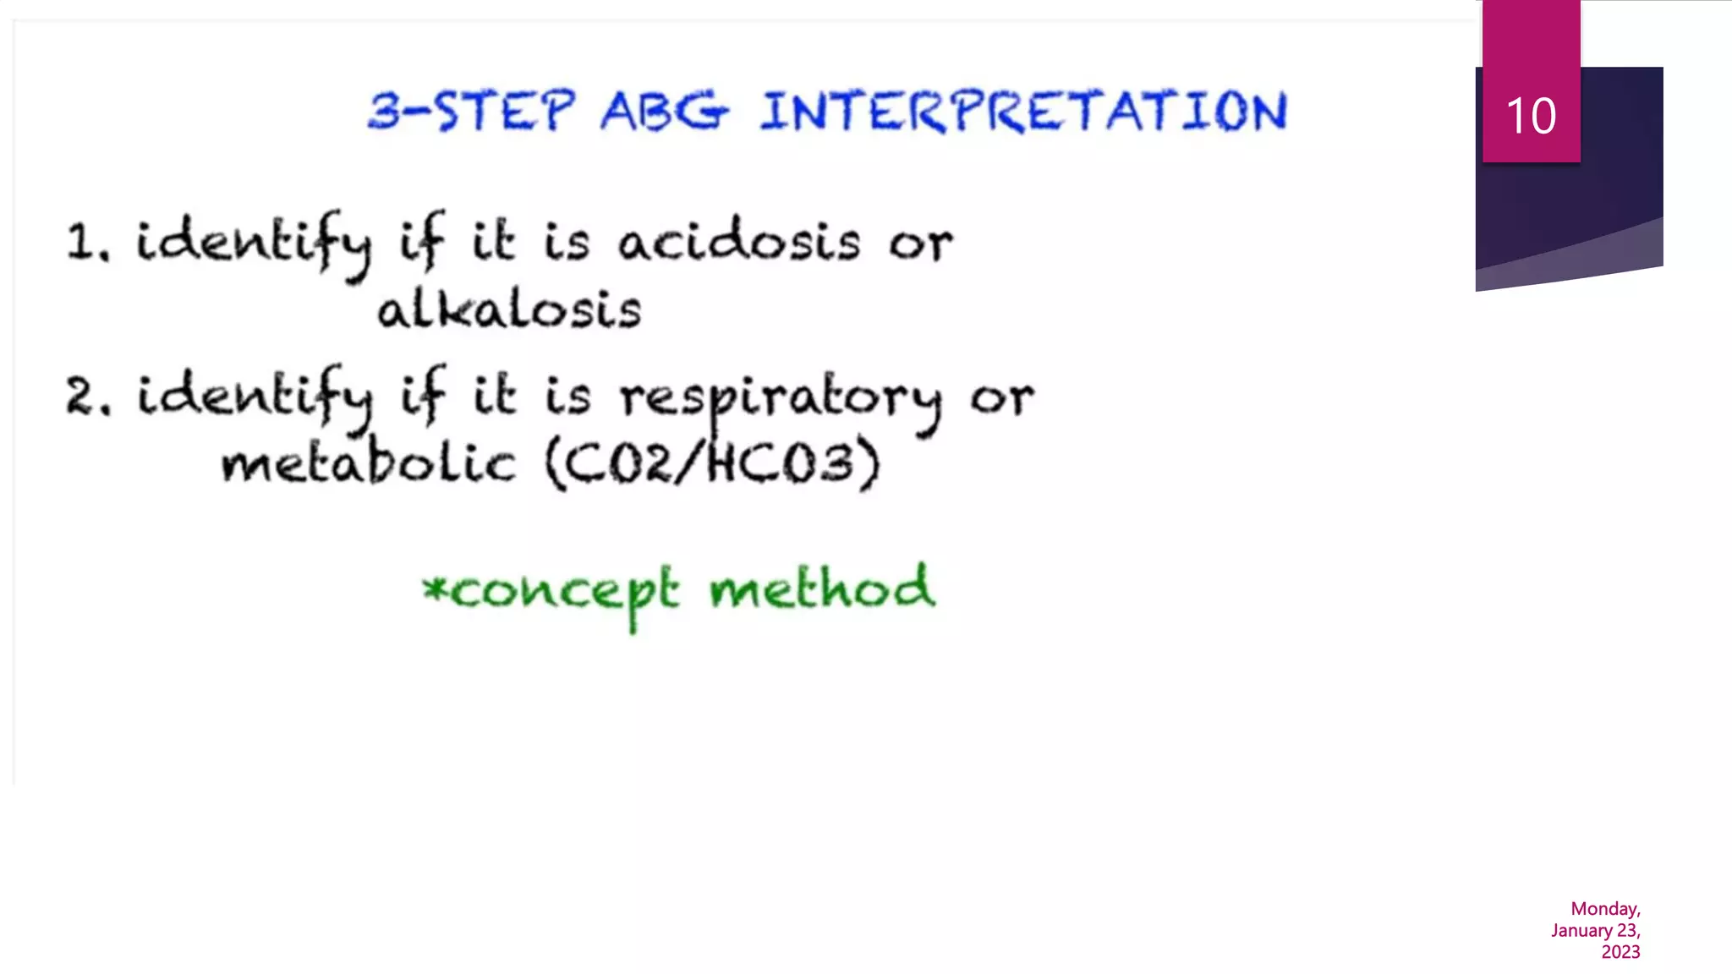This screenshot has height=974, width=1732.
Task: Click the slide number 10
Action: click(x=1531, y=116)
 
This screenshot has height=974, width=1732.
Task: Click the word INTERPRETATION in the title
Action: click(x=1023, y=112)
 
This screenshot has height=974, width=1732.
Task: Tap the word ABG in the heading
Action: click(x=664, y=112)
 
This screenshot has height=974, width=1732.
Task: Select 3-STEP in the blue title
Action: click(x=472, y=112)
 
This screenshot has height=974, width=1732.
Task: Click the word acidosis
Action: click(x=739, y=242)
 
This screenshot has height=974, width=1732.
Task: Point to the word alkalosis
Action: click(x=509, y=310)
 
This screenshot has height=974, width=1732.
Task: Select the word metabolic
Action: click(x=368, y=463)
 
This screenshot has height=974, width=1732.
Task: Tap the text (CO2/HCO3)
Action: click(x=712, y=463)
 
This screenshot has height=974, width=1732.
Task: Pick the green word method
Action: click(x=822, y=588)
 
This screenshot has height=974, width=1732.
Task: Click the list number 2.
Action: click(x=86, y=397)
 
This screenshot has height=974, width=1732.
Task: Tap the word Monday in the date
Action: click(x=1604, y=909)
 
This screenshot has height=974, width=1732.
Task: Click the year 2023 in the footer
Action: click(x=1620, y=952)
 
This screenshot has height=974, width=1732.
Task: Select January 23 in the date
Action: click(x=1595, y=931)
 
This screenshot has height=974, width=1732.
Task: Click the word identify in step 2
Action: click(x=254, y=397)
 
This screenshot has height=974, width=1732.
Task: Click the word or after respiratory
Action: click(x=1001, y=397)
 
